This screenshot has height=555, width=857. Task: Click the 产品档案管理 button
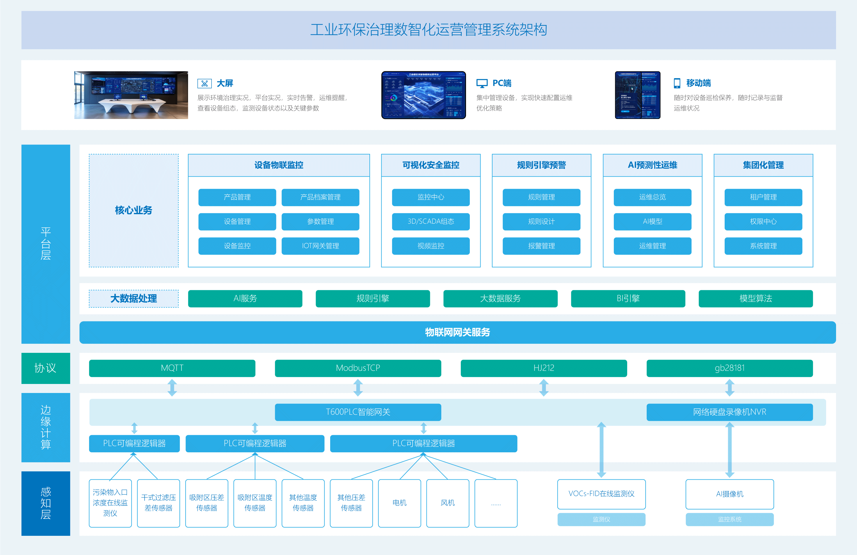[x=320, y=197]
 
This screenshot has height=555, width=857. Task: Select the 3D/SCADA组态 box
[x=431, y=221]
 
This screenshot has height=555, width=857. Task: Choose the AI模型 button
[x=652, y=221]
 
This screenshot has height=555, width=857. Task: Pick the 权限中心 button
[x=763, y=221]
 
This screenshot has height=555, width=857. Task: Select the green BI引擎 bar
[x=628, y=298]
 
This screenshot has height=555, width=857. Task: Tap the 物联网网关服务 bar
[x=457, y=332]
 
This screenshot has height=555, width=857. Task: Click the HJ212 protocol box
[x=544, y=368]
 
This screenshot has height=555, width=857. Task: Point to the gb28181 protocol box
[x=730, y=368]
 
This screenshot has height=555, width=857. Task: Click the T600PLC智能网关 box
[x=358, y=412]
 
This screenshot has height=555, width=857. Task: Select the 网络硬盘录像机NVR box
[x=730, y=412]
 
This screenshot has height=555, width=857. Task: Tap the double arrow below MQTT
[x=172, y=388]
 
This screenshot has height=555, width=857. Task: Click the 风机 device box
[x=448, y=503]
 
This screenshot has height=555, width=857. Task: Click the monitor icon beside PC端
[x=482, y=83]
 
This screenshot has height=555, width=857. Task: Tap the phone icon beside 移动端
[x=677, y=83]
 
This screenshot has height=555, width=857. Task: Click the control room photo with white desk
[x=131, y=95]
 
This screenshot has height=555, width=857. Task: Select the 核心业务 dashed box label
[x=134, y=210]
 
